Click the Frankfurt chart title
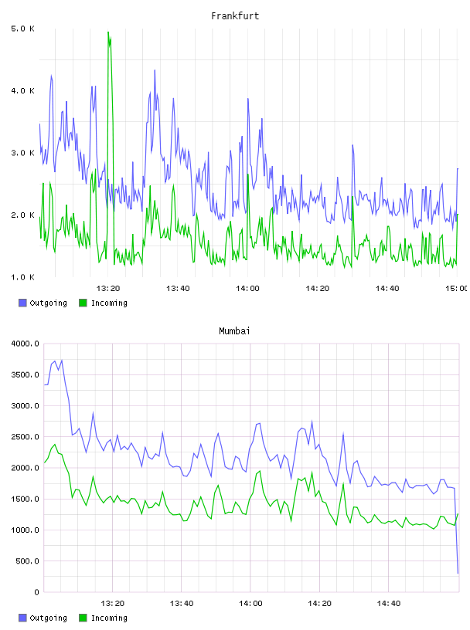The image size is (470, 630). (x=235, y=15)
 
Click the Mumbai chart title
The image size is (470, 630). (x=234, y=330)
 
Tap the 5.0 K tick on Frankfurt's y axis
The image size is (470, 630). (x=22, y=29)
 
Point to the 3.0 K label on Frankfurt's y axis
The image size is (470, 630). (x=22, y=153)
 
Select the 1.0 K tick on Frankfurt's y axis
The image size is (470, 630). (x=22, y=277)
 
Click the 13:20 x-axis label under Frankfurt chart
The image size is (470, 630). (x=108, y=288)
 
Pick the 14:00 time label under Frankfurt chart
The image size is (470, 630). (x=247, y=288)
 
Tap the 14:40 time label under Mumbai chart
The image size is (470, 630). (x=389, y=603)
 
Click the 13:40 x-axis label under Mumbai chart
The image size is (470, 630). (x=182, y=603)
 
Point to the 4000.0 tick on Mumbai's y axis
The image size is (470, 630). (x=25, y=344)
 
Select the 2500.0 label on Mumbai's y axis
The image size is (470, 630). (x=25, y=437)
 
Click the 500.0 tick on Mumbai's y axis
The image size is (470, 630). (x=27, y=561)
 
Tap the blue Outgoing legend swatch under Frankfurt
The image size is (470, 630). (x=22, y=303)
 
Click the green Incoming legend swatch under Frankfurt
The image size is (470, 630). (x=83, y=303)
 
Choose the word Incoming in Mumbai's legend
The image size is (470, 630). (x=109, y=618)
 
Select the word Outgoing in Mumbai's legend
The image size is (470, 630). (x=48, y=618)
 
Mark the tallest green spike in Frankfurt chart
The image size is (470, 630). (x=108, y=32)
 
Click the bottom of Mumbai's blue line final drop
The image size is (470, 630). (x=458, y=574)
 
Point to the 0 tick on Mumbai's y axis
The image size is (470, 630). (x=36, y=592)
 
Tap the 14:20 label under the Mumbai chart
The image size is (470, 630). (x=319, y=603)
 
